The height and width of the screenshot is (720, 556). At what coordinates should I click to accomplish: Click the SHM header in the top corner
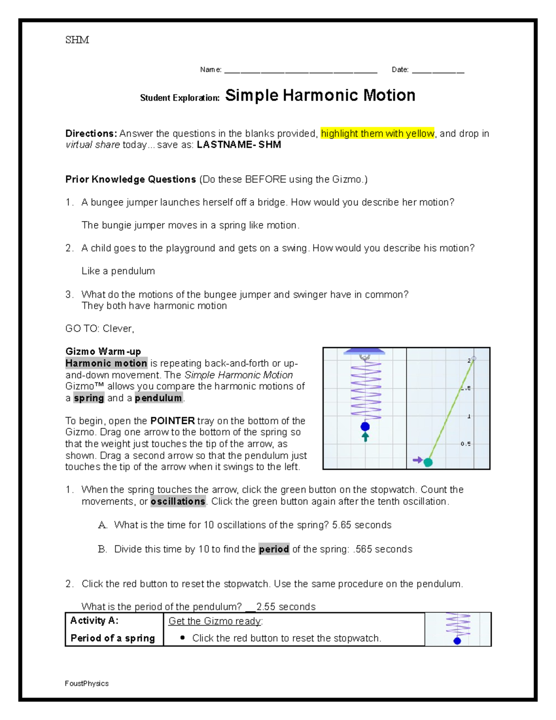77,40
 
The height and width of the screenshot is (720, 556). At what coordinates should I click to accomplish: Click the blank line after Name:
300,71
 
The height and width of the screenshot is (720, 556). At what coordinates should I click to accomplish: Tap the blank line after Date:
438,71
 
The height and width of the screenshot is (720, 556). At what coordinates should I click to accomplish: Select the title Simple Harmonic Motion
320,96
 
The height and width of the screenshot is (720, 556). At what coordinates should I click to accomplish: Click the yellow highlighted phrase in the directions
377,134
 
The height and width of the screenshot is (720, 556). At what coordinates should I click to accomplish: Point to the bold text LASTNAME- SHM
239,145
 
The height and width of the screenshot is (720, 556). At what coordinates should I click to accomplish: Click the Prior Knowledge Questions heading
131,179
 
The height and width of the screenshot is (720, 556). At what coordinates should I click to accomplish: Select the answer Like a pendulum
118,271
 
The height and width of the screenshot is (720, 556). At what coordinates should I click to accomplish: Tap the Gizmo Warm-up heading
103,351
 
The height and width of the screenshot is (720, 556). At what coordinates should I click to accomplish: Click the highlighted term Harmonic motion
106,363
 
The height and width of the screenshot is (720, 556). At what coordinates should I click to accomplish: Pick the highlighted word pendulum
158,398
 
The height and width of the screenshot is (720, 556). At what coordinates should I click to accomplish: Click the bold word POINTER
172,421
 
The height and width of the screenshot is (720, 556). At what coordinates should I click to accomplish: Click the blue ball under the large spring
365,427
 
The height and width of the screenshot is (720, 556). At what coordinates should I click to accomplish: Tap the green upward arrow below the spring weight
365,437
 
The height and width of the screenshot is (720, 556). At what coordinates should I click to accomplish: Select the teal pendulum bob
428,462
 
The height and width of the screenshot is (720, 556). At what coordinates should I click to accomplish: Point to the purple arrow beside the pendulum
417,460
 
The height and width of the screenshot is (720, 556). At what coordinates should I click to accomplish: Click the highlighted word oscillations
178,502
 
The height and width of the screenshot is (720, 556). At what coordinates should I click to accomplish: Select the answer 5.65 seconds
361,525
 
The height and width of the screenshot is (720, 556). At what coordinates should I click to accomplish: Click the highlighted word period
274,549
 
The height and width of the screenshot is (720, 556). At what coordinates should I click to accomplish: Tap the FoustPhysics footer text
87,683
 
